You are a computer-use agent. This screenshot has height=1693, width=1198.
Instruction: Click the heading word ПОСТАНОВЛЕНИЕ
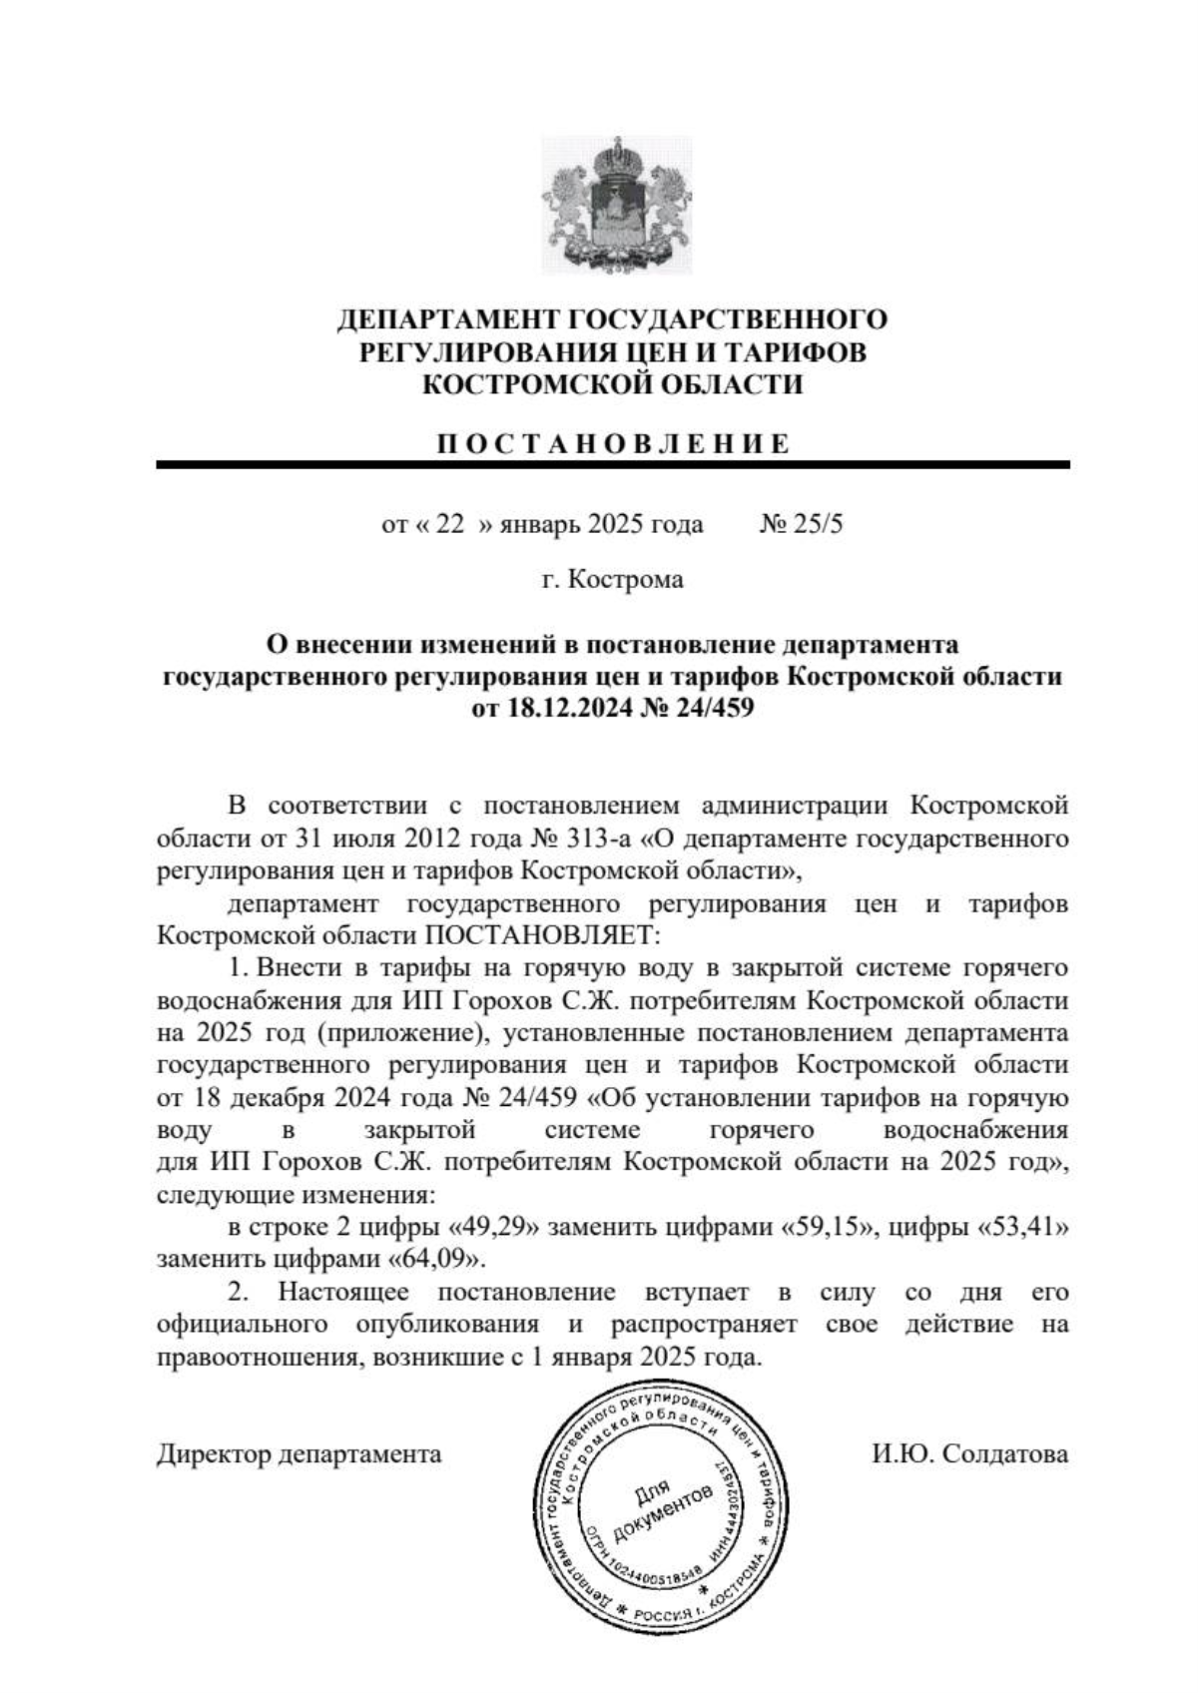pyautogui.click(x=612, y=444)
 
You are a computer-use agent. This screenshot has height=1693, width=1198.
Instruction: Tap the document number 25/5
pyautogui.click(x=817, y=524)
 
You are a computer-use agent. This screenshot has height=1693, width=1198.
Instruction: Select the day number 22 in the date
pyautogui.click(x=450, y=524)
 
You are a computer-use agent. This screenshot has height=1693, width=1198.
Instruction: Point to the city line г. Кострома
pyautogui.click(x=612, y=580)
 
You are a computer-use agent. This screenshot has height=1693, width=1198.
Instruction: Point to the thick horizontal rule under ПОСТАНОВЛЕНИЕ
pyautogui.click(x=612, y=465)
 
